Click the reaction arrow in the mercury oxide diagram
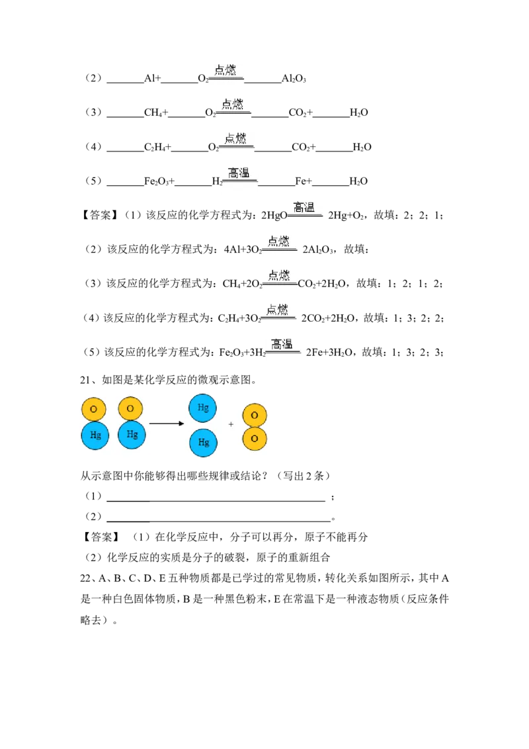167,423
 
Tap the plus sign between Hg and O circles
231,423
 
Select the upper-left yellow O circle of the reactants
94,409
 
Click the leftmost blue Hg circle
95,435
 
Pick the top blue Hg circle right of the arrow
203,408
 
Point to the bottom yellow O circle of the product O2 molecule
255,439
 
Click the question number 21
85,380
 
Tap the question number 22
85,578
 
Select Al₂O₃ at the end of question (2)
294,78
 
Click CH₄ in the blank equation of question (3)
153,112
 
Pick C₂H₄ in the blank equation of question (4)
155,147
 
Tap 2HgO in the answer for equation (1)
274,216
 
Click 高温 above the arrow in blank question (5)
239,173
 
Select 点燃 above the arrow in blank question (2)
225,69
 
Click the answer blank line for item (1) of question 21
216,501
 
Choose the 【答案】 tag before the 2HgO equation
99,216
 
